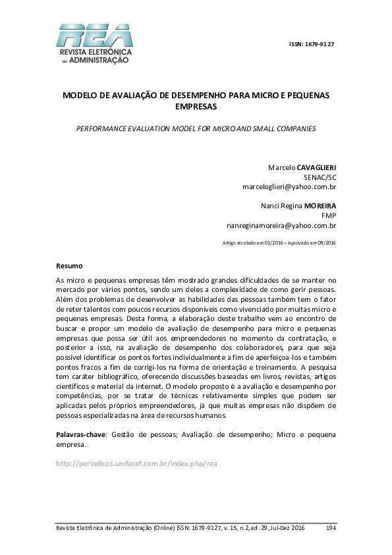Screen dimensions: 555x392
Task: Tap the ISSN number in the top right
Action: (312, 44)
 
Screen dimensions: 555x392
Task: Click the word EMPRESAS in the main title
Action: (196, 105)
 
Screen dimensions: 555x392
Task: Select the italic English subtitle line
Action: (196, 128)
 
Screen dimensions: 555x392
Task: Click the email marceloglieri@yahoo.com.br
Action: (289, 187)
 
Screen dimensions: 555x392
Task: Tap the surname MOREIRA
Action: (320, 206)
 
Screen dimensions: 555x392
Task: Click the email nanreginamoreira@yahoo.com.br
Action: (281, 225)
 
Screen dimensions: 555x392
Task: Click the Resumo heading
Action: (69, 266)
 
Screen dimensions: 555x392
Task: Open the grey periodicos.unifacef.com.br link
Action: (136, 463)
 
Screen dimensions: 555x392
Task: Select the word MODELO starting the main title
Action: (78, 95)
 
